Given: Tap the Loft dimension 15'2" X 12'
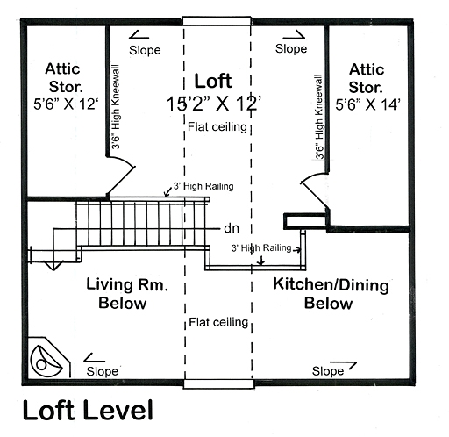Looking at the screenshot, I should tap(218, 102).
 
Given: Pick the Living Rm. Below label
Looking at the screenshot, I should tap(129, 294).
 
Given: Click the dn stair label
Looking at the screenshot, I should tap(232, 228).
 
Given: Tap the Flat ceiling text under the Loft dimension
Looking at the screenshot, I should tap(218, 128).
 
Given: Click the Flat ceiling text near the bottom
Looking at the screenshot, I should tap(218, 323).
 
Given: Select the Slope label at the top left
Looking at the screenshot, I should tap(145, 50).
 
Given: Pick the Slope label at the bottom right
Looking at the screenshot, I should tap(328, 372).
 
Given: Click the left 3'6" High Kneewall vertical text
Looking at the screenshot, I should tap(116, 108).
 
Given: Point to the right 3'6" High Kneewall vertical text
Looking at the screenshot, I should tap(321, 117).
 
